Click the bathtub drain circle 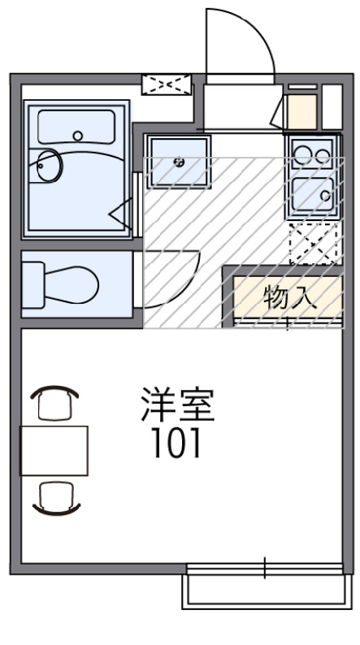(78, 136)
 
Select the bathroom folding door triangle (122, 214)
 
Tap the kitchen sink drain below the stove (325, 195)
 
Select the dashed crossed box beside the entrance (166, 84)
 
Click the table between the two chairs (54, 450)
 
